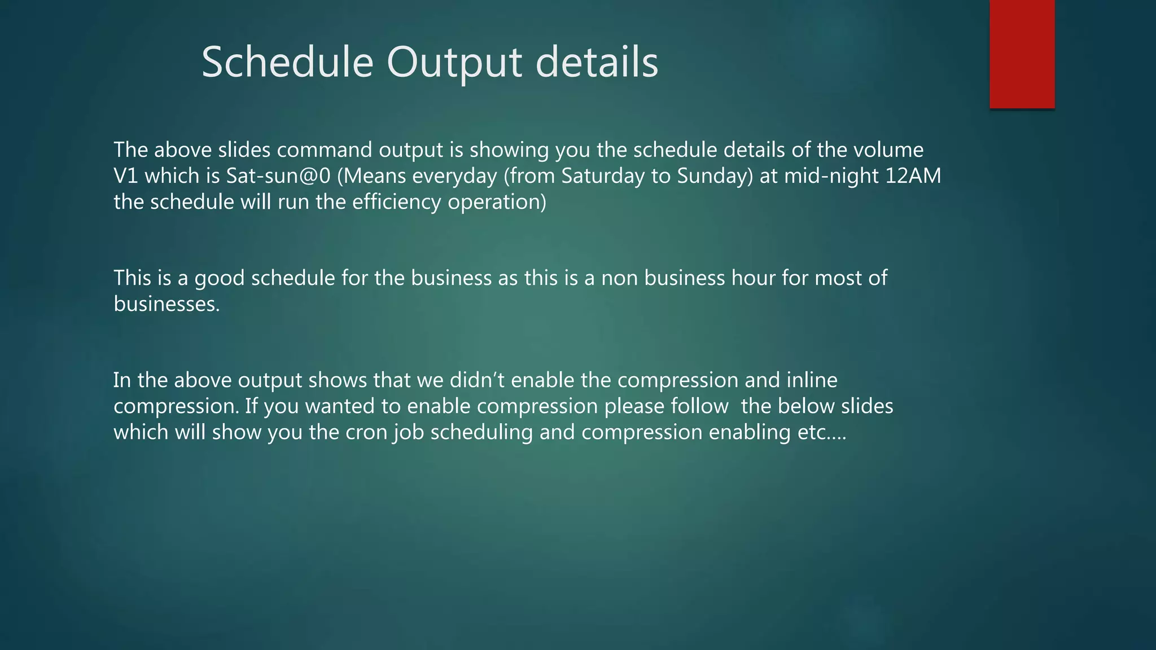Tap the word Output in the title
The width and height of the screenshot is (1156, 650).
pyautogui.click(x=454, y=62)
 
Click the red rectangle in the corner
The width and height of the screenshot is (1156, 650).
pyautogui.click(x=1022, y=54)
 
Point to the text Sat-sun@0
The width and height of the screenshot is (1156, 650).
pyautogui.click(x=278, y=176)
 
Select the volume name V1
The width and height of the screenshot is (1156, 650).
pyautogui.click(x=125, y=176)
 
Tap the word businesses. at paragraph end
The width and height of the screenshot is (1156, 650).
pyautogui.click(x=167, y=304)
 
